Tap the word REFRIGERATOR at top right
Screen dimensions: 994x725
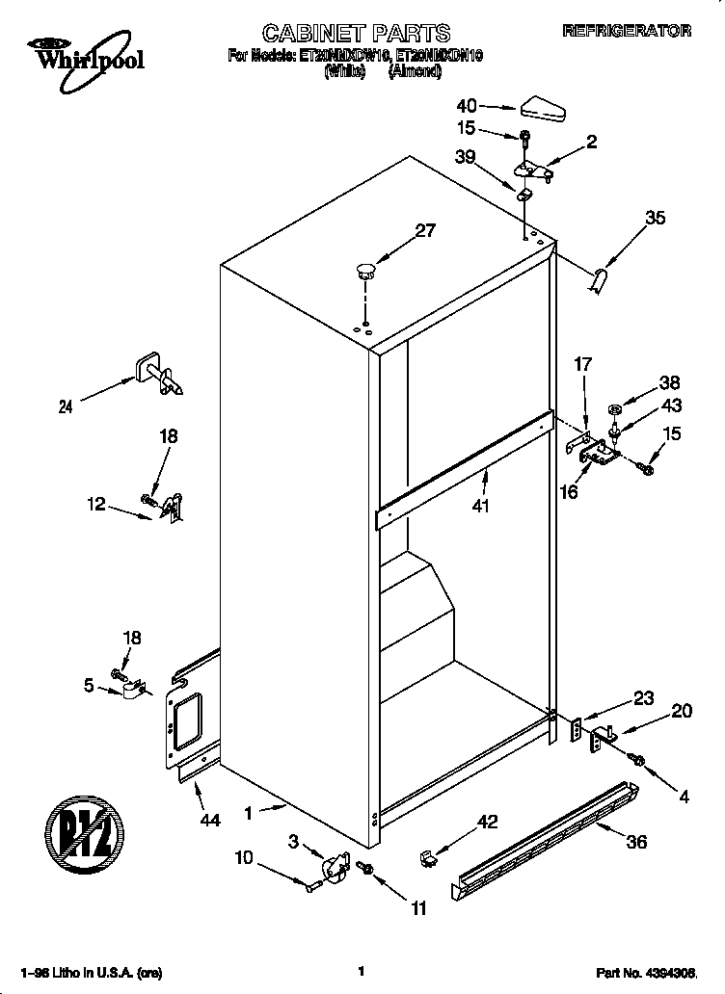tap(627, 31)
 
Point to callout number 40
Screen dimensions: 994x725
tap(467, 106)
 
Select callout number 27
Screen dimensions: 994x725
tap(425, 230)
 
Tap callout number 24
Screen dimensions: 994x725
tap(66, 406)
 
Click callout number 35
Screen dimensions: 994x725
tap(655, 219)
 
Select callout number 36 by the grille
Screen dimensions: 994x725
tap(635, 841)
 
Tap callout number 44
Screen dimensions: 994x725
tap(210, 820)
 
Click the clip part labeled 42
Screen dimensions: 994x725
tap(429, 856)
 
